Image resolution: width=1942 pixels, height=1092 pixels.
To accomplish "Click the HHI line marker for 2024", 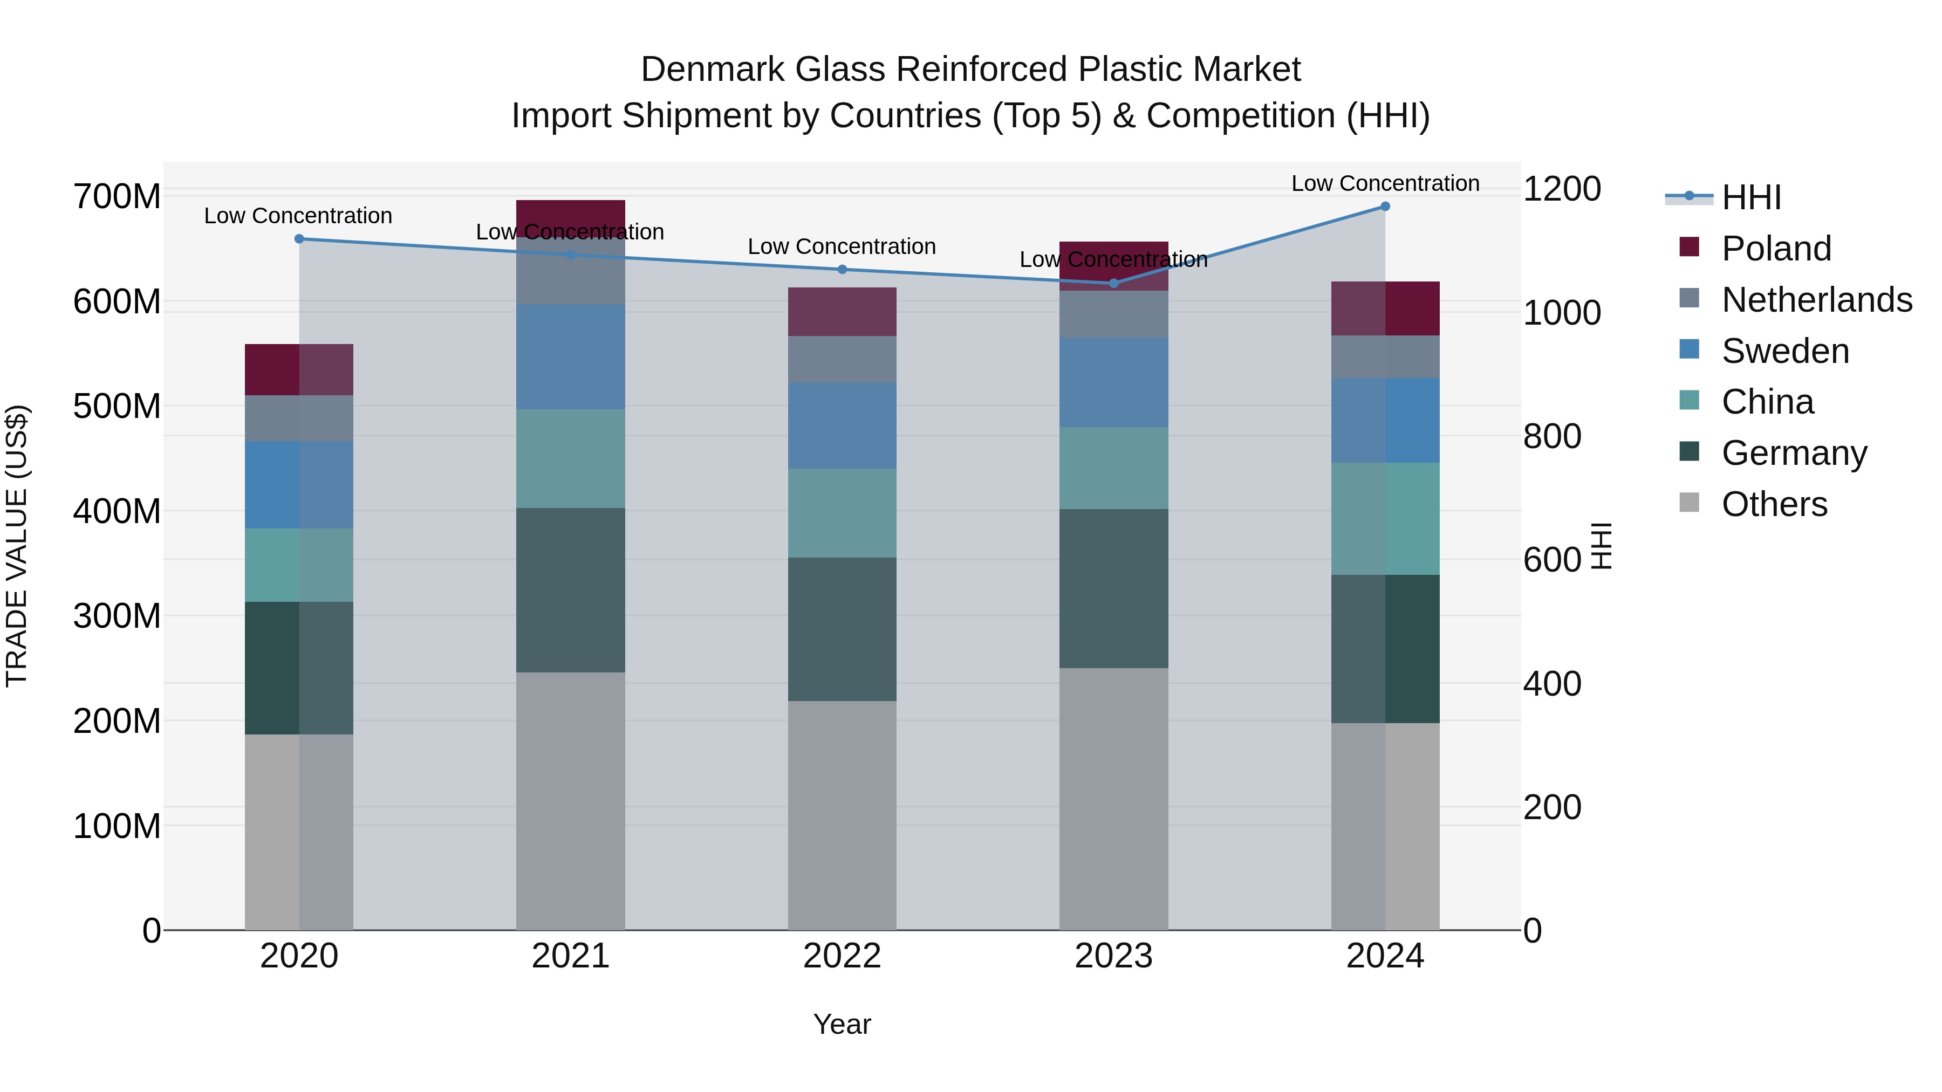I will click(1385, 207).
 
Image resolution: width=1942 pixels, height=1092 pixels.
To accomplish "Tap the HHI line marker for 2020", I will click(299, 239).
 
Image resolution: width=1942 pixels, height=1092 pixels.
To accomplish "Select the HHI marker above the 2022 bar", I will click(842, 270).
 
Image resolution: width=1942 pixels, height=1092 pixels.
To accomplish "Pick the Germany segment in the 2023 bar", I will click(1113, 588).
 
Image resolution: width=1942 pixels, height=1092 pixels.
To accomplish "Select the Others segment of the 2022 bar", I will click(842, 815).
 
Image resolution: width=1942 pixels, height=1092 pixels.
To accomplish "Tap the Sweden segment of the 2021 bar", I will click(571, 357).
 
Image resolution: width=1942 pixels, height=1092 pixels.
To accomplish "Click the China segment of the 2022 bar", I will click(842, 513).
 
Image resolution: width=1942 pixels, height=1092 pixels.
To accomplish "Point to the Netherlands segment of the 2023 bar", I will click(1113, 314).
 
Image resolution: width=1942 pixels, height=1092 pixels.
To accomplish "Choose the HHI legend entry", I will click(1750, 197).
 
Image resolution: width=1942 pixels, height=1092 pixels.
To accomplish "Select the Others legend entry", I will click(1773, 504).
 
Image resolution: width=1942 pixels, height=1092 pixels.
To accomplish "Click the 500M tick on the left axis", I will click(117, 407).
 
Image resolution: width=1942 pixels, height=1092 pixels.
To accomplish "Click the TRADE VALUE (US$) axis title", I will click(17, 546).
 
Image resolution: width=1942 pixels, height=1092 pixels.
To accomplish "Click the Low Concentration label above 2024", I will click(1385, 184).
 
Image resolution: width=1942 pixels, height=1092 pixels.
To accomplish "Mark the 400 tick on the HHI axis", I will click(1551, 684).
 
